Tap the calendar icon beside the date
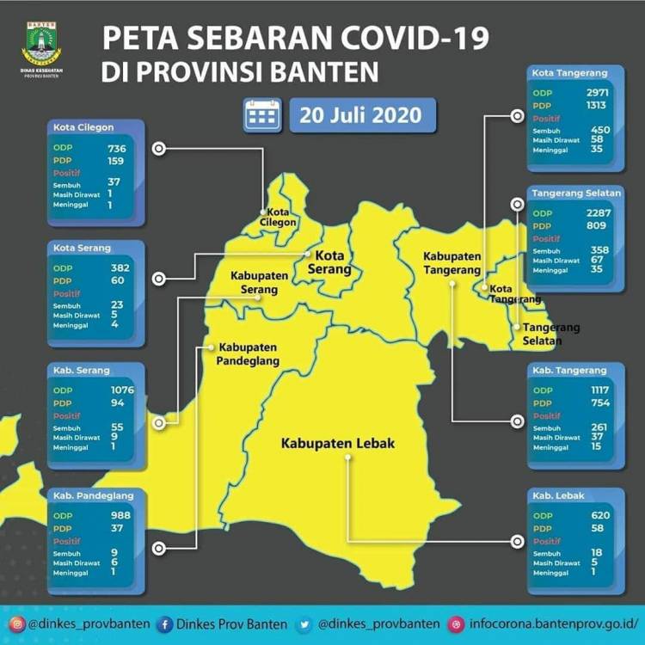(x=262, y=114)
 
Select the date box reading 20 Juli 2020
(x=362, y=114)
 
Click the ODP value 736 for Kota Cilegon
(x=117, y=148)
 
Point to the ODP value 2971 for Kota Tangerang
(x=596, y=91)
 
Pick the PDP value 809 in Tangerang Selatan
(x=596, y=225)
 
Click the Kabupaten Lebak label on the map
(x=337, y=444)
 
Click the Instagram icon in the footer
(x=17, y=623)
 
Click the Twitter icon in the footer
(x=305, y=623)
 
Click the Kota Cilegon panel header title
(x=83, y=126)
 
